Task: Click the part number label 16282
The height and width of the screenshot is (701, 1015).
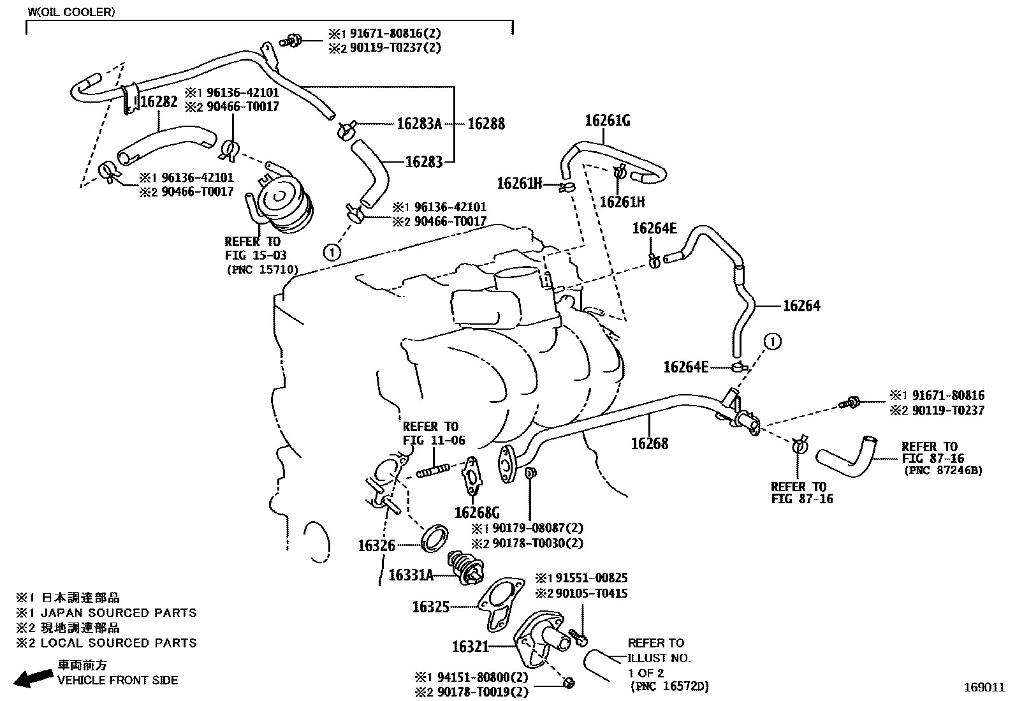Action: (159, 102)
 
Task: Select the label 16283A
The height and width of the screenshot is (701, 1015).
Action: (419, 124)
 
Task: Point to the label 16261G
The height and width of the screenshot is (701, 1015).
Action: (608, 120)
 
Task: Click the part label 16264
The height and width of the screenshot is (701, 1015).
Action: (801, 306)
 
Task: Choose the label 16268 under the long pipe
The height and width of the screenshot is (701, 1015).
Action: (650, 443)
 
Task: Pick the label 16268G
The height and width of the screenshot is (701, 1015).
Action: (477, 512)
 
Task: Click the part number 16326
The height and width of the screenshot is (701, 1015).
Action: (376, 545)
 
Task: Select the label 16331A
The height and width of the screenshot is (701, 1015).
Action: (411, 575)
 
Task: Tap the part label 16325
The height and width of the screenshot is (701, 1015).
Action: (431, 607)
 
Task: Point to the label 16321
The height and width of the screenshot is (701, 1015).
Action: (470, 647)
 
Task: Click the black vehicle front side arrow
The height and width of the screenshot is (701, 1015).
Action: (34, 678)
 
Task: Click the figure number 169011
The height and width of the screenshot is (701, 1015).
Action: (983, 688)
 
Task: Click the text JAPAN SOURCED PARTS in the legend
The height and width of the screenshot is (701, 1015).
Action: (119, 613)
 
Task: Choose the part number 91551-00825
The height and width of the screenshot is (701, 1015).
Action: (592, 578)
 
